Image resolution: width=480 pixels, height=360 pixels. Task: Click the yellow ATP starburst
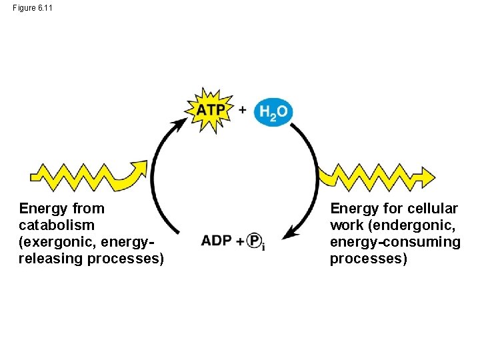(x=211, y=110)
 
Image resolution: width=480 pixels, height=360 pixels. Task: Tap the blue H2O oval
(x=273, y=112)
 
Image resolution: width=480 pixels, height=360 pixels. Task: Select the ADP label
(x=217, y=241)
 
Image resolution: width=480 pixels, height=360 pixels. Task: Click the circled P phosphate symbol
(x=254, y=241)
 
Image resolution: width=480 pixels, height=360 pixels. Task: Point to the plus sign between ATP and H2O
(x=243, y=109)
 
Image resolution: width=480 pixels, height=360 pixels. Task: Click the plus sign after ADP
(x=239, y=241)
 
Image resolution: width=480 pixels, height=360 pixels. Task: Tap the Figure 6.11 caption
(x=31, y=7)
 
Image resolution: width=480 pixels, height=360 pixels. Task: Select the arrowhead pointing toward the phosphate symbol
(x=289, y=233)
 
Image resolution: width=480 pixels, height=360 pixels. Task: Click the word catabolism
(x=57, y=225)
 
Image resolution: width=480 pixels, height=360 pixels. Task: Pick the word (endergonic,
(x=411, y=225)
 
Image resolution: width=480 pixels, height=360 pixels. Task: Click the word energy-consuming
(x=395, y=242)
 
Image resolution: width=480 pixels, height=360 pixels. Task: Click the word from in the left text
(x=89, y=209)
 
